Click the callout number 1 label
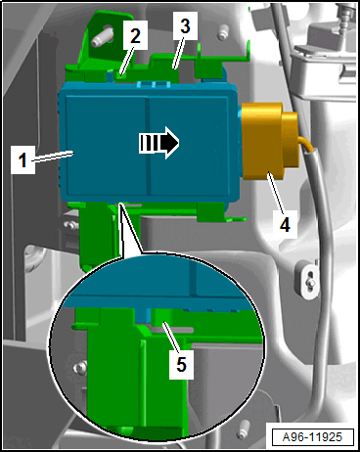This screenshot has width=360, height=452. (x=22, y=159)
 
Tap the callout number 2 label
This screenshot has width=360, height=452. (x=135, y=35)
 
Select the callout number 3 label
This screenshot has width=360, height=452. (x=185, y=26)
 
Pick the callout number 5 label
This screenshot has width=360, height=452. (x=181, y=364)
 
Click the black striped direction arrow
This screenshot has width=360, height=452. (x=159, y=143)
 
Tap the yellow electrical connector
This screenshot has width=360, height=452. (x=269, y=142)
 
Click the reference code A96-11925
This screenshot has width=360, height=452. (x=313, y=437)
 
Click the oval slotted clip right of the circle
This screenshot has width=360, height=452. (x=308, y=280)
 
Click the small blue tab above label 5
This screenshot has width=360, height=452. (x=143, y=315)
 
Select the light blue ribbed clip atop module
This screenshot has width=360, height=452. (x=154, y=84)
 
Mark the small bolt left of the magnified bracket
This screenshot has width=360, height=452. (x=79, y=368)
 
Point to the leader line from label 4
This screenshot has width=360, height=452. (x=276, y=192)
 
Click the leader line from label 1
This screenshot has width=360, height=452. (x=52, y=156)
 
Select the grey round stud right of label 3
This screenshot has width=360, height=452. (x=223, y=33)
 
